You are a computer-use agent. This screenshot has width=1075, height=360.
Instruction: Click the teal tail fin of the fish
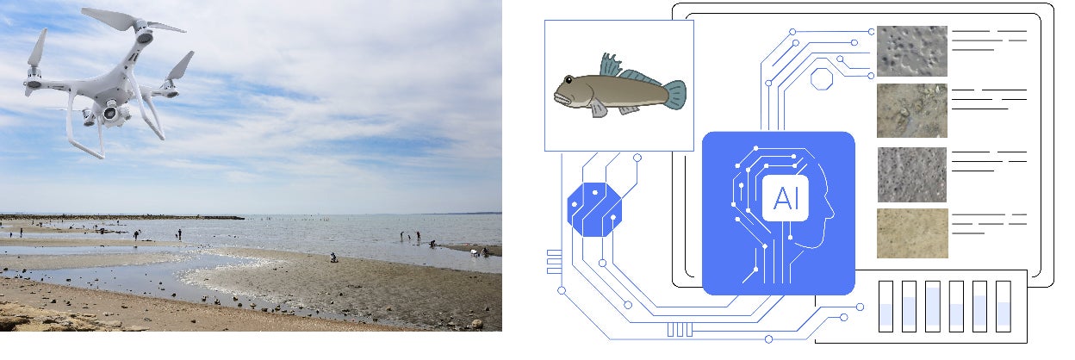click(674, 93)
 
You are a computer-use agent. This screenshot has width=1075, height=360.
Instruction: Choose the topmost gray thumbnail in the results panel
click(911, 51)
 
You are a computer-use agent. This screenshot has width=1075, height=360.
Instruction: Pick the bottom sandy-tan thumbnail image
click(911, 233)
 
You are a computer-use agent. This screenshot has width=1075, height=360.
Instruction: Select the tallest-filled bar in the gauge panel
click(933, 307)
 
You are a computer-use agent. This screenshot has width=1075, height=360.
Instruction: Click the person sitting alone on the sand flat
click(333, 257)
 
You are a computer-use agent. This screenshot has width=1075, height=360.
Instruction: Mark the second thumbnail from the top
click(911, 110)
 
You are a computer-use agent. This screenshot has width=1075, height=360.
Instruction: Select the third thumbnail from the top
click(911, 174)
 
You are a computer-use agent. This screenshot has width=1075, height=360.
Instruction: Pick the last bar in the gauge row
click(1003, 307)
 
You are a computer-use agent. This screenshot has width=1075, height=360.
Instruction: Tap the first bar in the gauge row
click(885, 307)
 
